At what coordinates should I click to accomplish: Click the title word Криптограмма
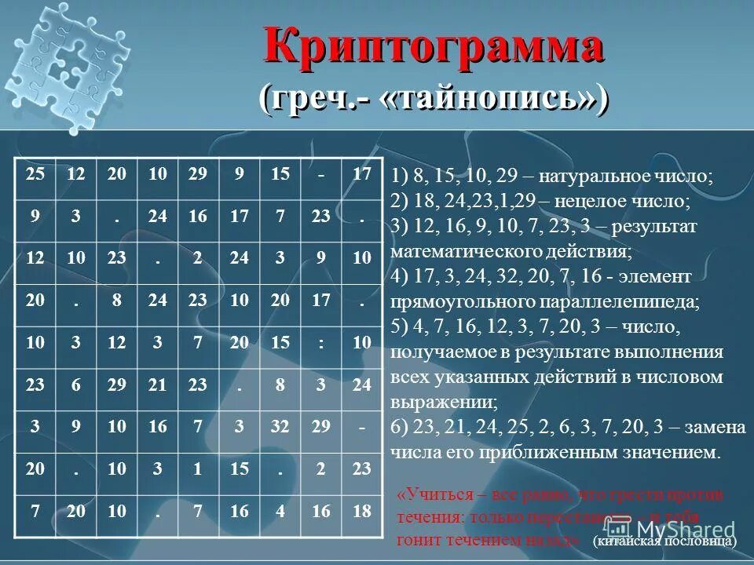coord(434,46)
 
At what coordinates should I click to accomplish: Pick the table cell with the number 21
coord(158,385)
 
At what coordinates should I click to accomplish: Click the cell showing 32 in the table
coord(280,427)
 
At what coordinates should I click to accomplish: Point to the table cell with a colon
coord(320,342)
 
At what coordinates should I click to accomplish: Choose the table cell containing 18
coord(361,512)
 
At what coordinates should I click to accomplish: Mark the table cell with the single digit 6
coord(76,385)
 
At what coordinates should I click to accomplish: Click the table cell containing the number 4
coord(280,512)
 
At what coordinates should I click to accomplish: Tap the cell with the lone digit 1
coord(199,469)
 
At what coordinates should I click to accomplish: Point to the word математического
coord(467,252)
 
